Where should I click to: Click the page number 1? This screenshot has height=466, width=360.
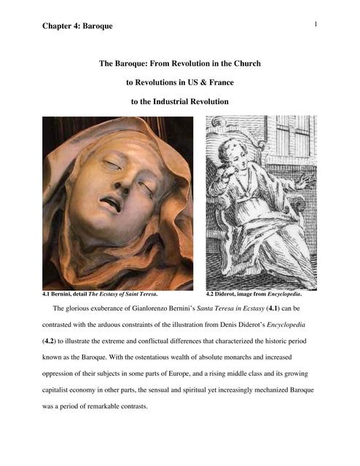click(316, 25)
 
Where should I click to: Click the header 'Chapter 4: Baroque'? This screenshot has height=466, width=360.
click(77, 26)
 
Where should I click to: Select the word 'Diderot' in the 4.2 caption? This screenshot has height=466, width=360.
click(233, 295)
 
